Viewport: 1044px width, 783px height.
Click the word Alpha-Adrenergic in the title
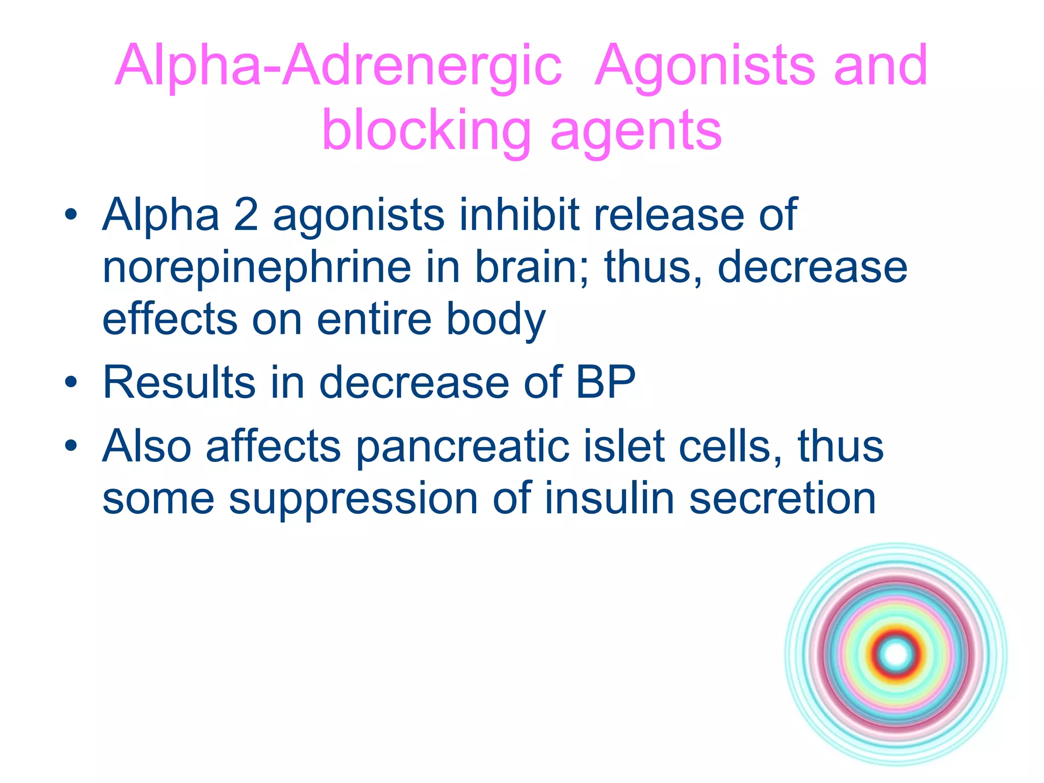pyautogui.click(x=338, y=66)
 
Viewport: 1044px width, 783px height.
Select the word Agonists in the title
pyautogui.click(x=706, y=66)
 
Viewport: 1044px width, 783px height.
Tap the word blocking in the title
pyautogui.click(x=426, y=131)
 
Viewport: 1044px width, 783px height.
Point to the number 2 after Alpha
pyautogui.click(x=246, y=215)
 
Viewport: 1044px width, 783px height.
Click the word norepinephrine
pyautogui.click(x=256, y=268)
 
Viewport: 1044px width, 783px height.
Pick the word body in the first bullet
pyautogui.click(x=496, y=320)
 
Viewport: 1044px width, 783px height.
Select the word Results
pyautogui.click(x=179, y=382)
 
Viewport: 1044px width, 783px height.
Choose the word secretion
pyautogui.click(x=782, y=498)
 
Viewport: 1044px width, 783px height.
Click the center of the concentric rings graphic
pyautogui.click(x=896, y=655)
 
